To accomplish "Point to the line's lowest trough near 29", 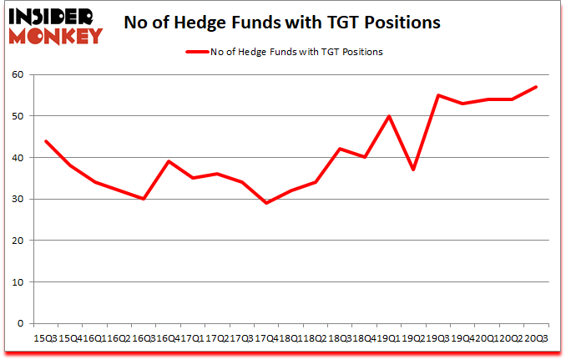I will click(x=266, y=203).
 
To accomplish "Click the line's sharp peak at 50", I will click(x=389, y=116).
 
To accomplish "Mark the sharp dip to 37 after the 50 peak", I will click(x=413, y=170).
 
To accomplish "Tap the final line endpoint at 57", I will click(x=536, y=87).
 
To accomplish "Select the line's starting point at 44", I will click(x=45, y=141).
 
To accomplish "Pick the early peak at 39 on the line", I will click(x=168, y=162).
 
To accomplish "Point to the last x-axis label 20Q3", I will click(x=536, y=337).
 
